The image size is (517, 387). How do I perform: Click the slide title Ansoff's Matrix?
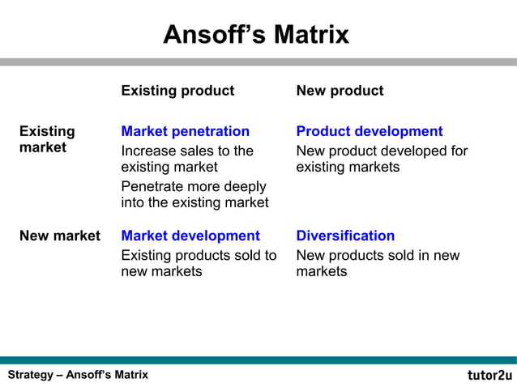256,35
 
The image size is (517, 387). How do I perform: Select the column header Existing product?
177,91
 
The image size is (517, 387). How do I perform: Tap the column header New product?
340,91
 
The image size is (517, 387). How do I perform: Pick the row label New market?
60,236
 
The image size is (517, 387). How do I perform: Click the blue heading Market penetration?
185,131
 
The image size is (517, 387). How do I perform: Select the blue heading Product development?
370,131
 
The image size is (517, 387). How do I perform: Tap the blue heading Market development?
190,236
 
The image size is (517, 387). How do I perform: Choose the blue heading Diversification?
345,236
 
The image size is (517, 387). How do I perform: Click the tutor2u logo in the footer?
489,375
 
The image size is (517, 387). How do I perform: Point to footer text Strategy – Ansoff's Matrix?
78,375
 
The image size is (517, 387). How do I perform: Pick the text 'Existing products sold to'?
199,256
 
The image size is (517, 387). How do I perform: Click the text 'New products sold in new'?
378,256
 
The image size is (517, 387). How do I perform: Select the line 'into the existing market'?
194,203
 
